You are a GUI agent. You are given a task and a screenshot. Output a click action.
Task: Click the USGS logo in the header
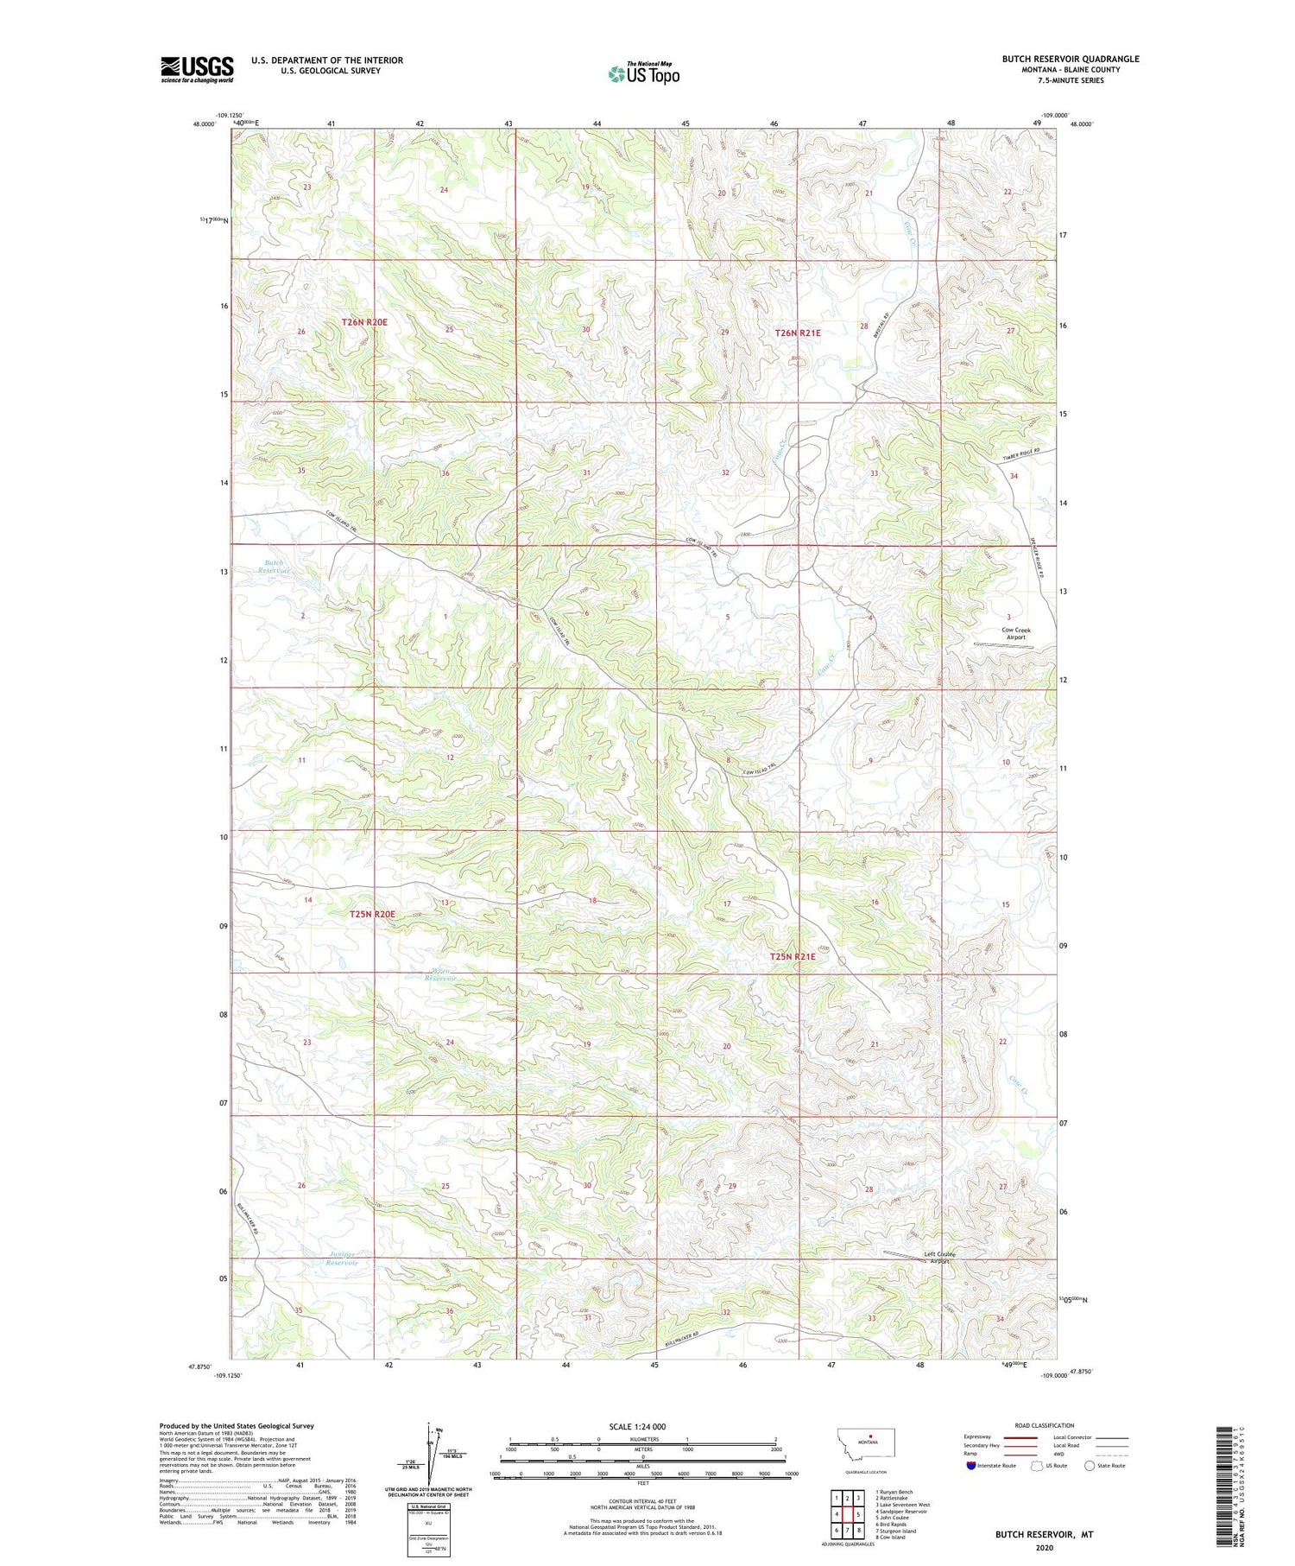coord(197,69)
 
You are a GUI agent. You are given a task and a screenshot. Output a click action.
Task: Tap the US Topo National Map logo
coord(643,73)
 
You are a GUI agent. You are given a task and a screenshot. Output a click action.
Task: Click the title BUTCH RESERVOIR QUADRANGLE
coord(1070,59)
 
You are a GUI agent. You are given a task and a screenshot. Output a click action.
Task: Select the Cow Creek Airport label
coord(1015,633)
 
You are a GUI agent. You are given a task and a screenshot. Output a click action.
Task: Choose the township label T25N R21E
coord(792,956)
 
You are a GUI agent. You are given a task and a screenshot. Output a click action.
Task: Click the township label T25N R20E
coord(372,914)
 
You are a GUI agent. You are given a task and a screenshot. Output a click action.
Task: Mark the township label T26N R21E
coord(797,333)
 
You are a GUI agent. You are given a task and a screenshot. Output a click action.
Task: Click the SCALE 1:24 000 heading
coord(638,1427)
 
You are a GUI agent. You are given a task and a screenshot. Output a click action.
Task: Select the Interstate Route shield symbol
coord(971,1466)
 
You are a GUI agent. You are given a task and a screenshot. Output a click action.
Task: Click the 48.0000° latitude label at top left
coord(205,124)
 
